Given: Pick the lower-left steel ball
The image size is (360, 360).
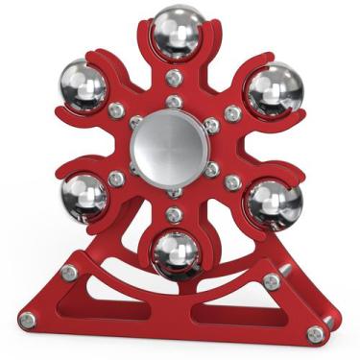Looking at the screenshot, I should [85, 197].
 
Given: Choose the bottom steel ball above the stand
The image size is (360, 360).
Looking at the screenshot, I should [177, 252].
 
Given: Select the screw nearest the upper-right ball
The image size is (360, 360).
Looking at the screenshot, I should [232, 112].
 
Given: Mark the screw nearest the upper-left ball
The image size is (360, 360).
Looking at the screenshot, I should [116, 110].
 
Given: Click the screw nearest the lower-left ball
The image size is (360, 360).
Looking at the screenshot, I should [116, 179].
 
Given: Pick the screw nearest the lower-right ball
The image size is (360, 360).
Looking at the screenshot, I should [232, 180].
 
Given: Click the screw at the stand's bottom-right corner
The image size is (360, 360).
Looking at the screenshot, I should [315, 333].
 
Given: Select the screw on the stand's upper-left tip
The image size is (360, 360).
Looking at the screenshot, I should [69, 273].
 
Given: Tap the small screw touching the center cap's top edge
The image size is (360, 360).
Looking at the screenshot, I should [174, 101].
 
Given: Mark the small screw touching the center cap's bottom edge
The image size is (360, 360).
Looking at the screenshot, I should [174, 191].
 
